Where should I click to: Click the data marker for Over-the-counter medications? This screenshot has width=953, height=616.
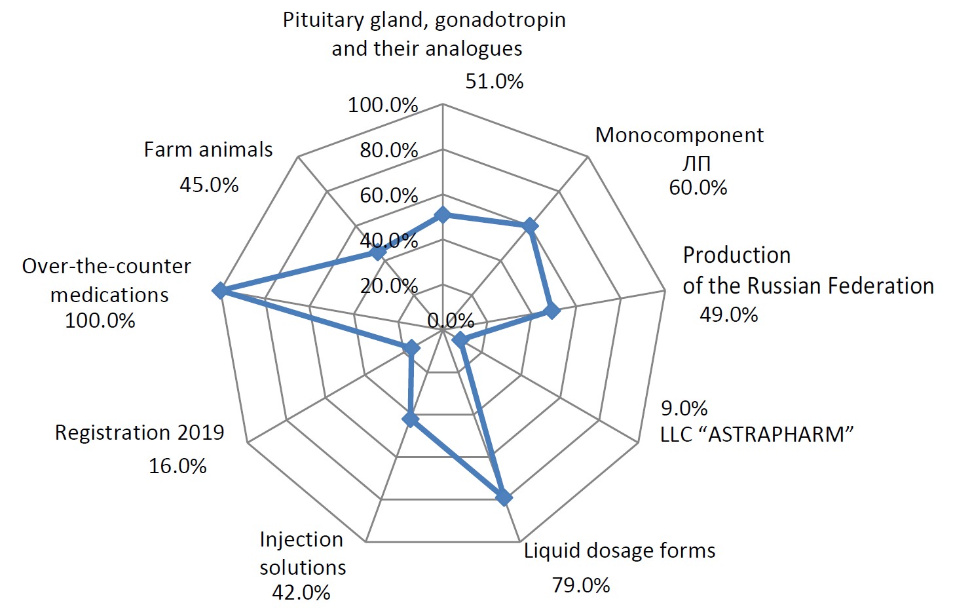coord(221,291)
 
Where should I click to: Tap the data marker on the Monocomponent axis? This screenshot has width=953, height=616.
coord(530,227)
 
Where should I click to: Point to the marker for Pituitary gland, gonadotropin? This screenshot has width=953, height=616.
coord(443,215)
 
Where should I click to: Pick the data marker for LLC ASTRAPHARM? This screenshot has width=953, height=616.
coord(460,340)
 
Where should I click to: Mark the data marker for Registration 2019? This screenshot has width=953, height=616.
coord(411,347)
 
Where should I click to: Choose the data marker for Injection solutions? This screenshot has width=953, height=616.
coord(411,419)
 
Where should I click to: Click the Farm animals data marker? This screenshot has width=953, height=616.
coord(377,253)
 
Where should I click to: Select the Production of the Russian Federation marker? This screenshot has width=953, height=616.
coord(552,311)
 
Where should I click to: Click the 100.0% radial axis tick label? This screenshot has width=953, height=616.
coord(383,105)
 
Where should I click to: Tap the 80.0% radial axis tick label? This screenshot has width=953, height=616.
coord(388,150)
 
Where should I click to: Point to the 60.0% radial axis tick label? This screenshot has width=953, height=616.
coord(388,195)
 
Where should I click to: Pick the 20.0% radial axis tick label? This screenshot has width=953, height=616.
coord(388,286)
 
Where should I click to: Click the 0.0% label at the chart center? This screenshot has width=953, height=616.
coord(451,320)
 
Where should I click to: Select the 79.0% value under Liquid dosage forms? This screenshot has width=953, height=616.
coord(581,585)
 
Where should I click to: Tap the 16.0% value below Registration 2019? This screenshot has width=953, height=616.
coord(178,466)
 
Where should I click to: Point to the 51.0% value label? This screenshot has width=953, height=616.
coord(495,81)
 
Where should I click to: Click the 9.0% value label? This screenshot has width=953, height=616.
coord(684,408)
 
